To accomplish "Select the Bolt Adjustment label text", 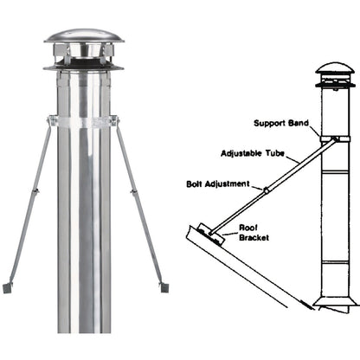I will (x=216, y=183).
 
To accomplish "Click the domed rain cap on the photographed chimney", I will (x=84, y=39).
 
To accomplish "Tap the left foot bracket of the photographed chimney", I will (x=9, y=284).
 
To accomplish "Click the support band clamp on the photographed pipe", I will (x=85, y=121).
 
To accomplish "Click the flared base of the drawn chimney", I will (x=336, y=302).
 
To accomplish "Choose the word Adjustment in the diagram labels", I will (x=228, y=183).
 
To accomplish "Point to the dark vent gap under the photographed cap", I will (x=84, y=61).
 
